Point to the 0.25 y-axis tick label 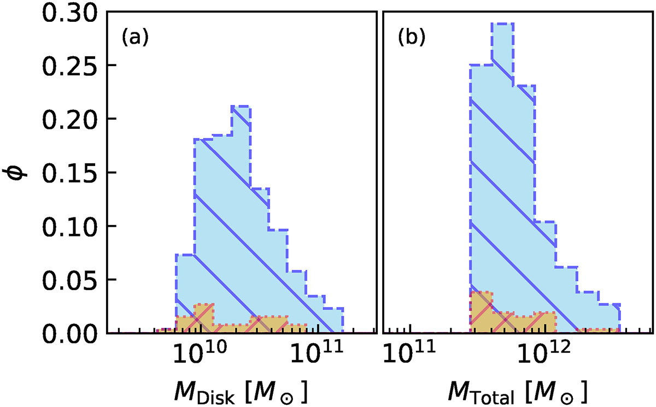point(69,66)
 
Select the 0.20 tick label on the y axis point(69,119)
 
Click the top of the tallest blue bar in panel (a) point(241,106)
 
